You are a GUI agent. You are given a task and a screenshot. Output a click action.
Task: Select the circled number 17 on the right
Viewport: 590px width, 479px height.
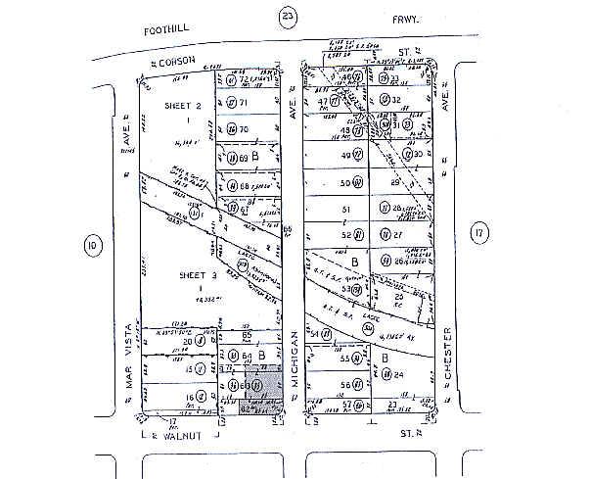click(x=477, y=232)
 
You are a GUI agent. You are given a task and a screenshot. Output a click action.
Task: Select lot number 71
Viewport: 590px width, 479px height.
click(x=246, y=102)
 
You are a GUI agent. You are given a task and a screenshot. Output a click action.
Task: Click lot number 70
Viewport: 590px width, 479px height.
click(x=246, y=129)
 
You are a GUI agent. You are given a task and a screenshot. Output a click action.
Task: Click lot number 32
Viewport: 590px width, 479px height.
click(x=398, y=100)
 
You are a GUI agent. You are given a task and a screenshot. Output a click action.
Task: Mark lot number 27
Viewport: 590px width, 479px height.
click(x=399, y=235)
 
